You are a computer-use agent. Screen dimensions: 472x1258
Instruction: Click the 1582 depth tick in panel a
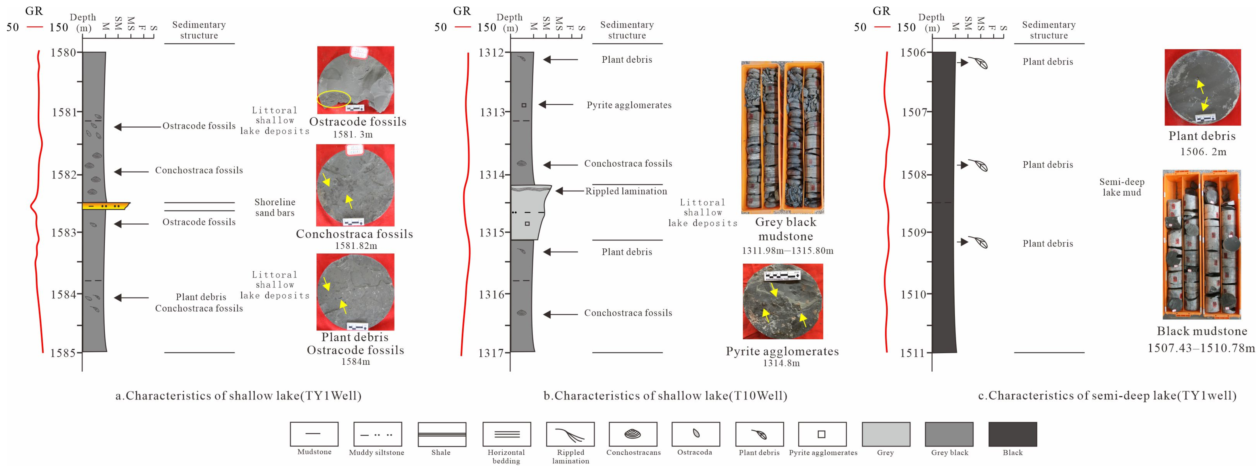(x=80, y=174)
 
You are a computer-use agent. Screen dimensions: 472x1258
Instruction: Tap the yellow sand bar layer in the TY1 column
(x=105, y=206)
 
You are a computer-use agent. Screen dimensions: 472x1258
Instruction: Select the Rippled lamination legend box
(x=570, y=434)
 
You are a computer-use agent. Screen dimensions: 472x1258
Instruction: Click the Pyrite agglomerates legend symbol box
(x=821, y=434)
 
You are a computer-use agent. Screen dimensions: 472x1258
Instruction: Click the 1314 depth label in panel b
(x=491, y=175)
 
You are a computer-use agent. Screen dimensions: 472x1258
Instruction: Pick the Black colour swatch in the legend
(x=1012, y=434)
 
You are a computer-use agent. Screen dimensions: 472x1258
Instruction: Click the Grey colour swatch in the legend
(x=885, y=434)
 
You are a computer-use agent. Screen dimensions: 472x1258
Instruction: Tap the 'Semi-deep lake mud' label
(x=1121, y=187)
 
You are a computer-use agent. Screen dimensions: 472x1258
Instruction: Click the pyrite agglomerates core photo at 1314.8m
(x=782, y=302)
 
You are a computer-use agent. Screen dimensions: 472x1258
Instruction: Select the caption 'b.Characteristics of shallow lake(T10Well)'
(x=665, y=395)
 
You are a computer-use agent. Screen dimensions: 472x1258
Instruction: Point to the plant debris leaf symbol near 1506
(x=978, y=63)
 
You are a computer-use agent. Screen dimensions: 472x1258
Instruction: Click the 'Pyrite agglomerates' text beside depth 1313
(x=629, y=105)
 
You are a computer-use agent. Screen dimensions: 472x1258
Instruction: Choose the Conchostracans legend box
(x=633, y=434)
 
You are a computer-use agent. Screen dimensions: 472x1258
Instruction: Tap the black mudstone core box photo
(x=1201, y=244)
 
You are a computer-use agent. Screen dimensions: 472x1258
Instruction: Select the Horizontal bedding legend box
(x=506, y=434)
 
